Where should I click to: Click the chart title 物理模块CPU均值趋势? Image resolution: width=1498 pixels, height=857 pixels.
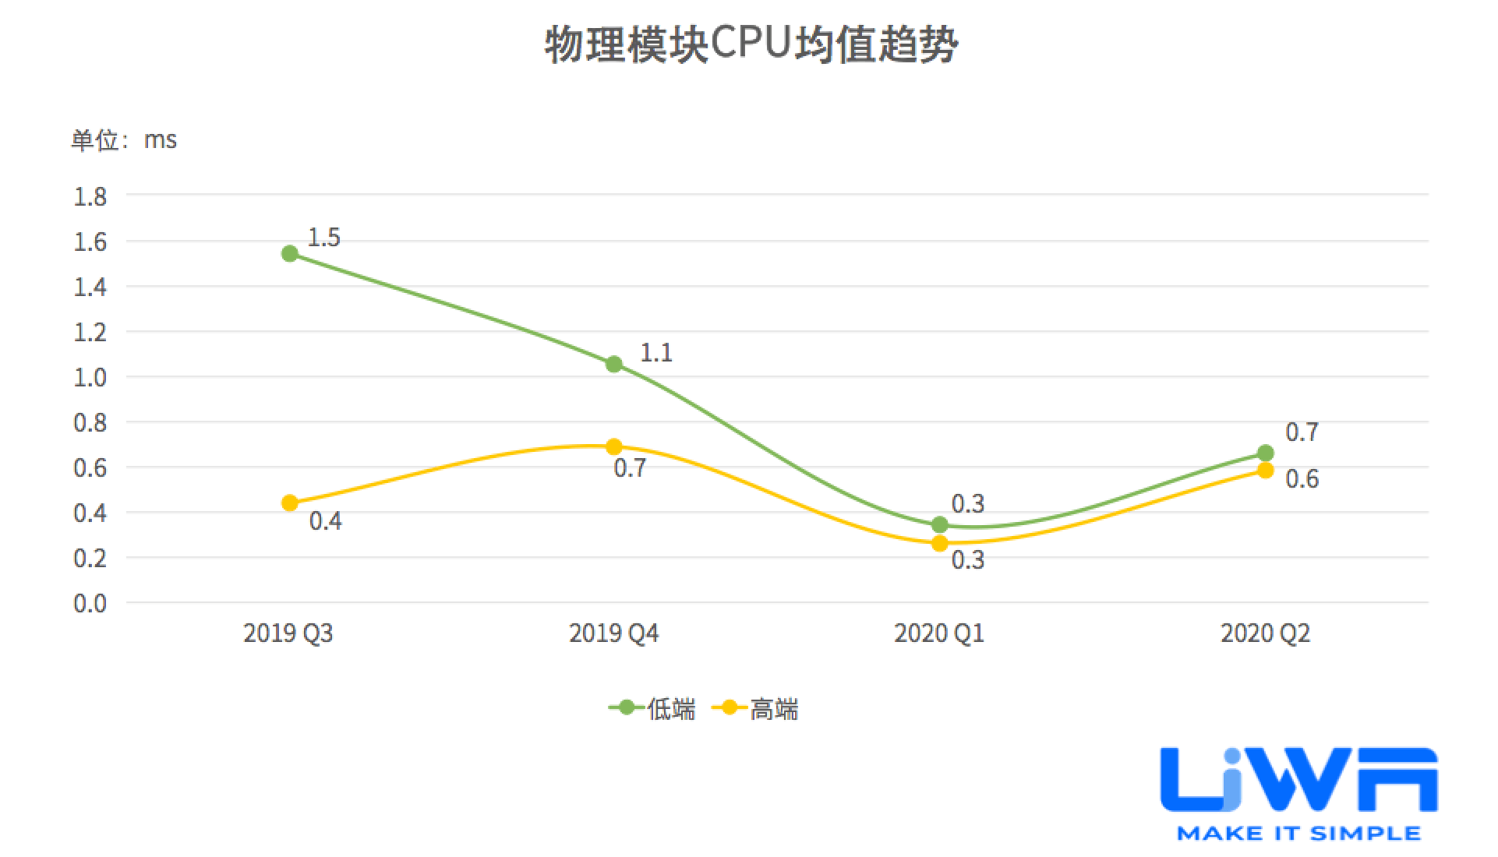tap(751, 45)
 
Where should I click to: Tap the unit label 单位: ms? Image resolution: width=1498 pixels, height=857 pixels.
tap(124, 140)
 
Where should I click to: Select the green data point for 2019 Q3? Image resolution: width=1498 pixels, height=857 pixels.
tap(290, 253)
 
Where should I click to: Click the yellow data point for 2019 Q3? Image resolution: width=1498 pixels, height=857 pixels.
tap(290, 503)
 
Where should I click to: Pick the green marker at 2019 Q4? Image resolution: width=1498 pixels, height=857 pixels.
tap(614, 364)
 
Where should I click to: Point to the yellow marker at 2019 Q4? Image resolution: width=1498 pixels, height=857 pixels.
tap(614, 446)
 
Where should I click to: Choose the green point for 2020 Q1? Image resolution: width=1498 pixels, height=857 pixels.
tap(940, 524)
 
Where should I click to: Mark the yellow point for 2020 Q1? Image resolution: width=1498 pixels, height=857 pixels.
tap(940, 543)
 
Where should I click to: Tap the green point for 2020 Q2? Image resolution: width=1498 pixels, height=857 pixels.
tap(1266, 453)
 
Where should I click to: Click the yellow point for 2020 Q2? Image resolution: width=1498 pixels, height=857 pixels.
tap(1266, 470)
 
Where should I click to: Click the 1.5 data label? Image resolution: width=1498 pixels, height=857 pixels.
tap(323, 238)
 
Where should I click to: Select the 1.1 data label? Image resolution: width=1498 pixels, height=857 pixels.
tap(656, 353)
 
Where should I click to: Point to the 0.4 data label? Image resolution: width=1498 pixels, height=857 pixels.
tap(325, 520)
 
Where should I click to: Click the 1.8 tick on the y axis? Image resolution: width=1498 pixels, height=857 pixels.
tap(90, 196)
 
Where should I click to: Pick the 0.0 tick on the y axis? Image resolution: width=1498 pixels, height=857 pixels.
tap(90, 603)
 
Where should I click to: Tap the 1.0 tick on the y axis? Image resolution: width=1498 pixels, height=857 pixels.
tap(90, 378)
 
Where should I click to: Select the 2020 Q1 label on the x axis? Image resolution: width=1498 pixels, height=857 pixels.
tap(939, 633)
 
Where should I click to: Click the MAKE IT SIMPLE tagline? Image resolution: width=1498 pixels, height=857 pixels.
tap(1298, 833)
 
